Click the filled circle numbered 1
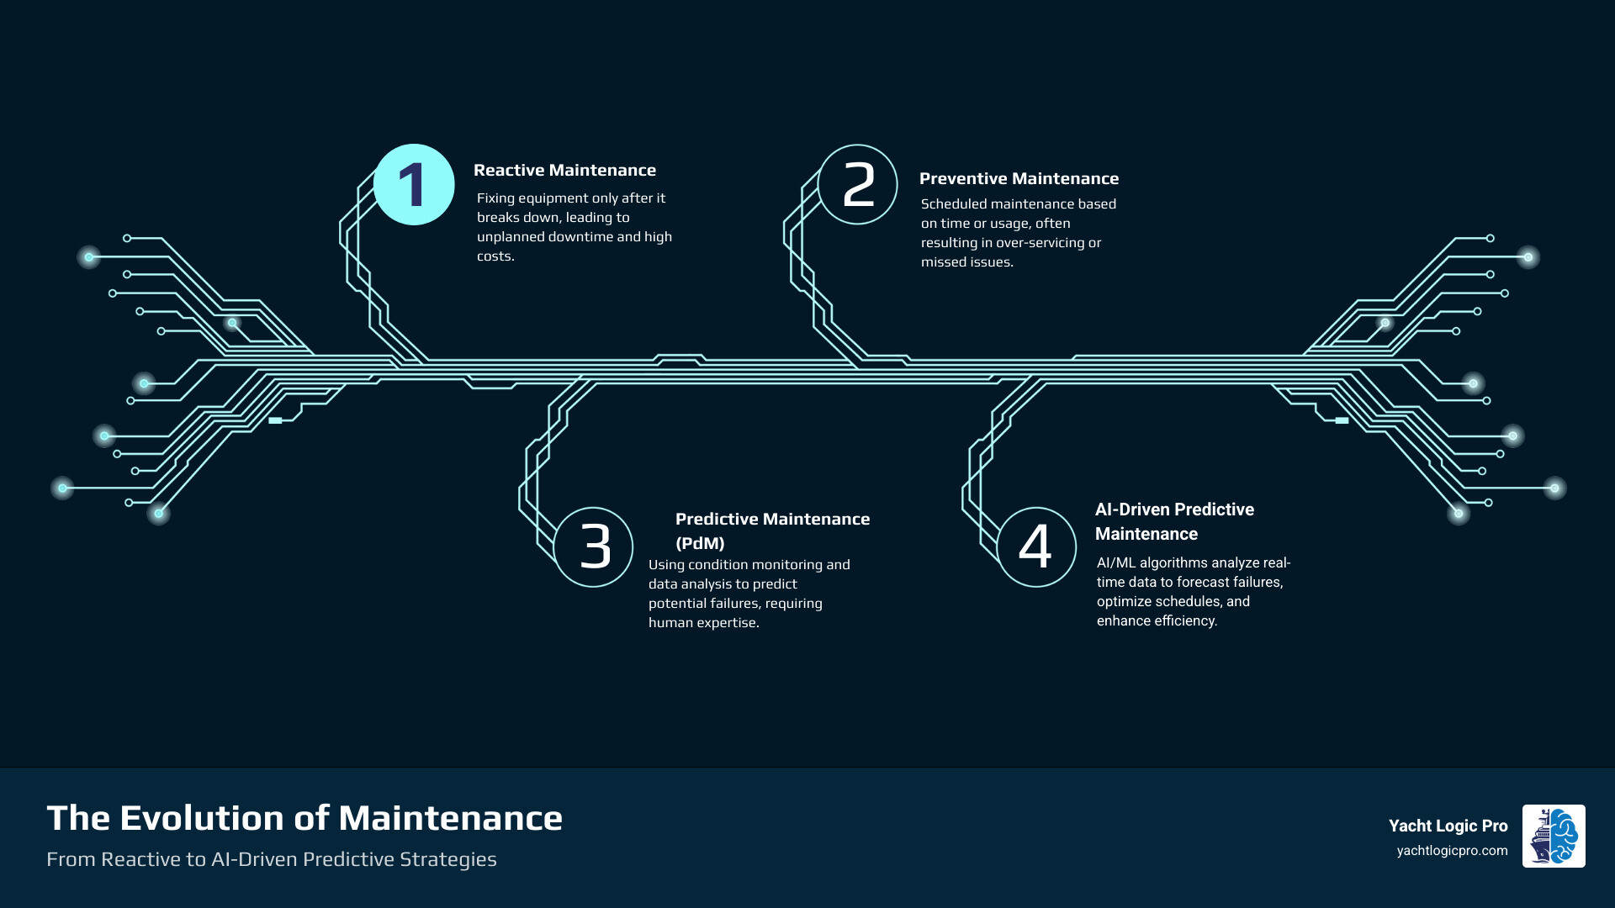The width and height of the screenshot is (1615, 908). (x=413, y=184)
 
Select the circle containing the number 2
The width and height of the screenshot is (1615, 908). (x=857, y=184)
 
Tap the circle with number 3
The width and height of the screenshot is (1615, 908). (x=593, y=546)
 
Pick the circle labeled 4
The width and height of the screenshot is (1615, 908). (x=1035, y=546)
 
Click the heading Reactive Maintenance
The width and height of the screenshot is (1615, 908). (x=564, y=170)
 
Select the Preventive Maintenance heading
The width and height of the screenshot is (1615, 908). (x=1019, y=178)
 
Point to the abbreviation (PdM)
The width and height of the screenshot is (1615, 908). (x=700, y=543)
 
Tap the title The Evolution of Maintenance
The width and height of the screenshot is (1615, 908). (x=304, y=818)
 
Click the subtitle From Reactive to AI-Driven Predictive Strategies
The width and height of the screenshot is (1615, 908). (x=271, y=859)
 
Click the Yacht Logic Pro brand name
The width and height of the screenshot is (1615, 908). (x=1448, y=826)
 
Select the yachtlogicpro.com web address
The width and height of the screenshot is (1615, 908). (x=1452, y=851)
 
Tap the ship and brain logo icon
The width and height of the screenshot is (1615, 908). (x=1553, y=836)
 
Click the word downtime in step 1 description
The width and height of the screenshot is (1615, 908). (x=580, y=236)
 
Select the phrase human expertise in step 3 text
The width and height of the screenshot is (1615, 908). (x=703, y=622)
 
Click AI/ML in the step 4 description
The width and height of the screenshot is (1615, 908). (x=1115, y=562)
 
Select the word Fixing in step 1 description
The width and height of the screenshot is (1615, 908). (x=495, y=198)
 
